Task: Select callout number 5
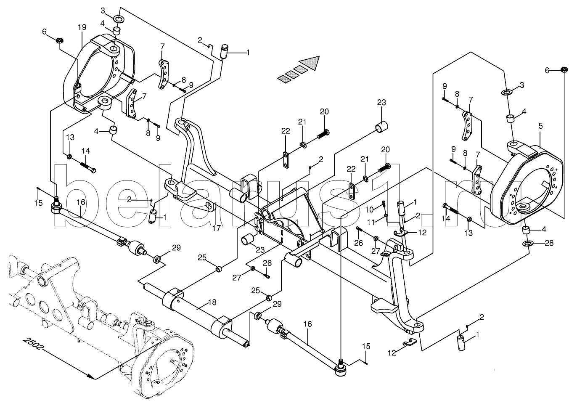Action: point(540,126)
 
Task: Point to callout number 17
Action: point(217,228)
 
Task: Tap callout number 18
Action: point(212,302)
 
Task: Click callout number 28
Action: point(549,243)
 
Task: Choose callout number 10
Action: point(369,210)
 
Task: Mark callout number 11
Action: point(371,222)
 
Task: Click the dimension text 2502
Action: point(32,344)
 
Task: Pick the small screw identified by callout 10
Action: point(384,204)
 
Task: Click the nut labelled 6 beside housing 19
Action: point(60,40)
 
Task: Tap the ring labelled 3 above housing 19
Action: point(119,19)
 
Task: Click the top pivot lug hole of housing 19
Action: point(114,50)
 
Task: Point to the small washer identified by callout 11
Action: point(386,215)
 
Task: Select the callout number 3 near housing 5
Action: point(522,85)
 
